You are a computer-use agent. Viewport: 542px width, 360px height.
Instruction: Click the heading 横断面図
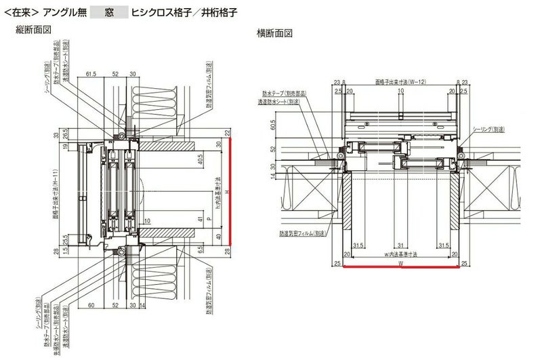click(274, 33)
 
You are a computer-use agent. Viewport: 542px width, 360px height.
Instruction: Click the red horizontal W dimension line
click(400, 266)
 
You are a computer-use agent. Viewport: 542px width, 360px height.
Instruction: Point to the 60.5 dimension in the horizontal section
click(271, 125)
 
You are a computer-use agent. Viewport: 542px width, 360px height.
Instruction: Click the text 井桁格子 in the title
click(218, 12)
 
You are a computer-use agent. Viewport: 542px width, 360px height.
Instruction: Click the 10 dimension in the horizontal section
click(400, 89)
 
